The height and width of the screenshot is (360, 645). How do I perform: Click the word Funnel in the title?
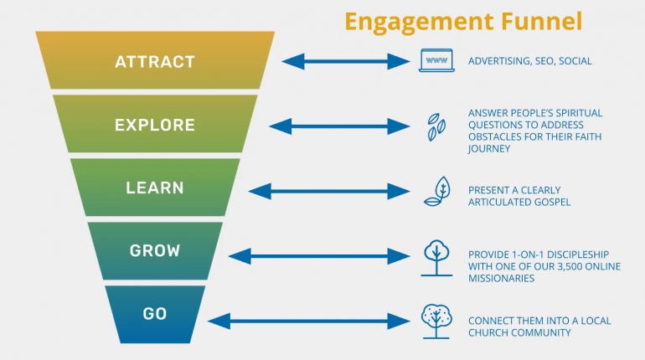pyautogui.click(x=541, y=22)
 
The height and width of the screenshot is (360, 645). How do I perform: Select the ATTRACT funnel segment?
pyautogui.click(x=155, y=60)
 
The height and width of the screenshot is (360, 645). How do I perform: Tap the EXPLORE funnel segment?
pyautogui.click(x=155, y=124)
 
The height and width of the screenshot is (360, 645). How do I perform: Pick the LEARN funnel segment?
pyautogui.click(x=155, y=188)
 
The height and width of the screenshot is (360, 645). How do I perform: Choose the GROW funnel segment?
pyautogui.click(x=155, y=250)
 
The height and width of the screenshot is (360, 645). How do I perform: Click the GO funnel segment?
pyautogui.click(x=155, y=315)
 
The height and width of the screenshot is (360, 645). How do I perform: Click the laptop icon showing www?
pyautogui.click(x=436, y=60)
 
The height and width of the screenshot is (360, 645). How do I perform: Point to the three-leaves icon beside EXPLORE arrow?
pyautogui.click(x=436, y=127)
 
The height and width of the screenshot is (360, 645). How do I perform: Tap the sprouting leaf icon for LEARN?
pyautogui.click(x=437, y=192)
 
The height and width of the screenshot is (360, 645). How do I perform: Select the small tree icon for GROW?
pyautogui.click(x=436, y=258)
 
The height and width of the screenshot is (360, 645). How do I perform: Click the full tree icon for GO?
pyautogui.click(x=436, y=321)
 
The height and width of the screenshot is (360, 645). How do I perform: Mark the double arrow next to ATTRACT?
pyautogui.click(x=345, y=61)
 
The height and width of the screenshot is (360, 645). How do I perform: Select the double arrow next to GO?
pyautogui.click(x=308, y=321)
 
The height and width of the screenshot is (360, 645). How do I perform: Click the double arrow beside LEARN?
pyautogui.click(x=329, y=192)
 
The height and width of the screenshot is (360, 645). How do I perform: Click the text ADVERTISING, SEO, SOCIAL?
pyautogui.click(x=529, y=61)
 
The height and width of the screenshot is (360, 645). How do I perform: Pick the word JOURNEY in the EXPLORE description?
pyautogui.click(x=489, y=149)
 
